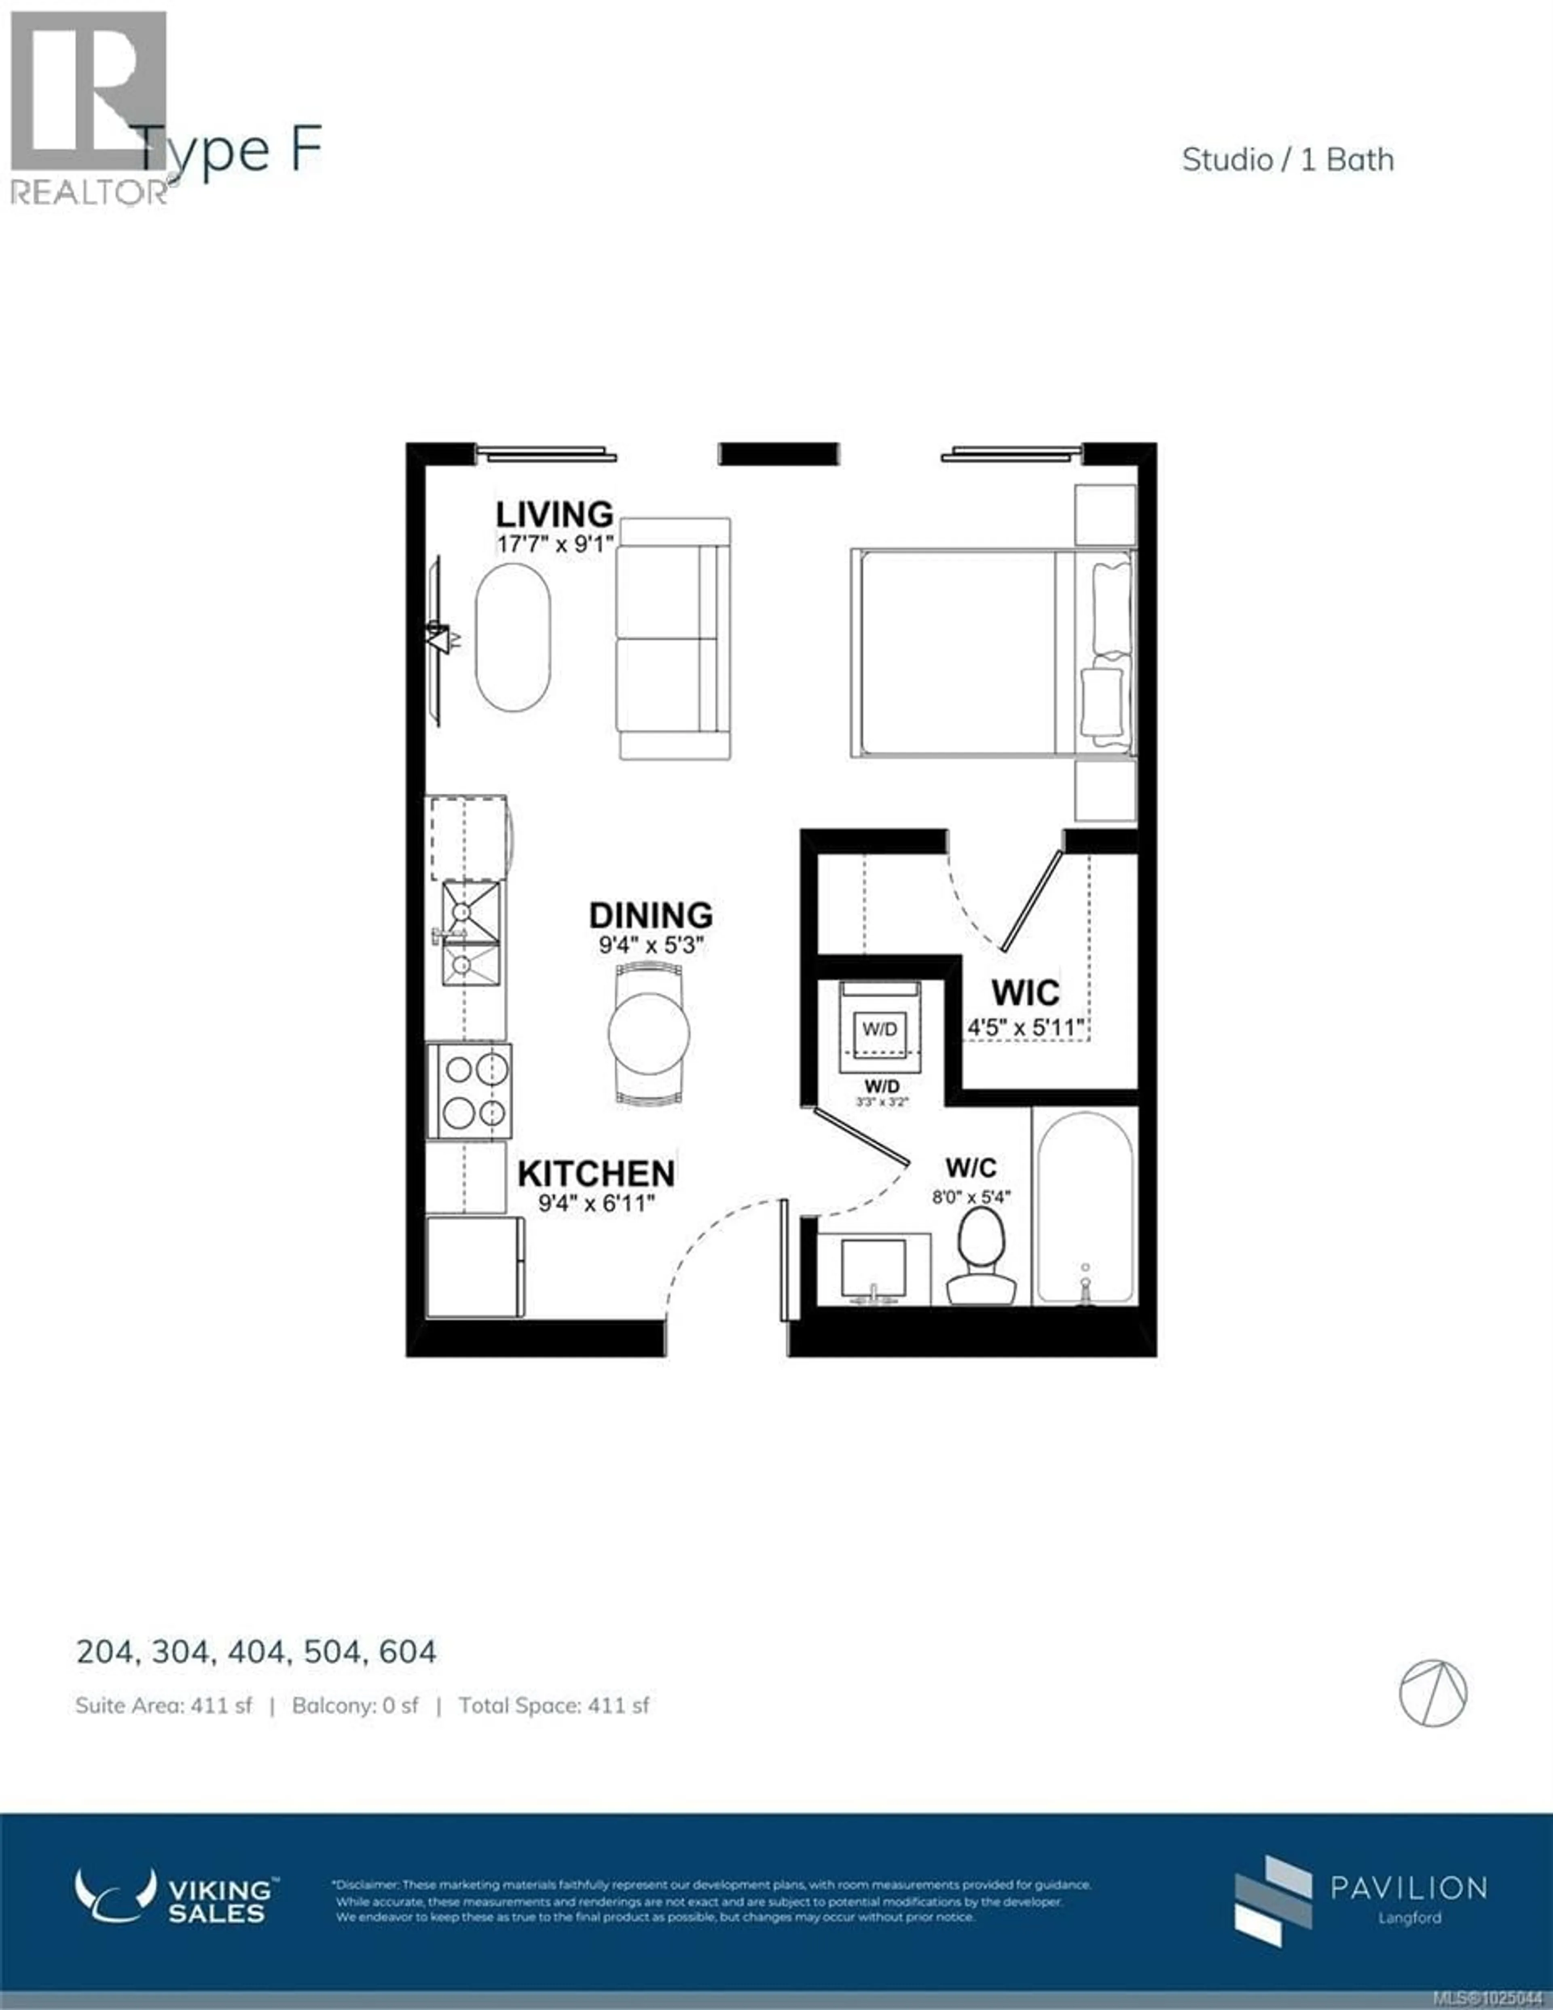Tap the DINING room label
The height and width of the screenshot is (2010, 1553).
coord(651,915)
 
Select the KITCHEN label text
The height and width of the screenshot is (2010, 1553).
coord(596,1173)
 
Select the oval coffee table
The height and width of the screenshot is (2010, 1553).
coord(513,637)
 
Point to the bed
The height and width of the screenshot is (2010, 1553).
coord(992,653)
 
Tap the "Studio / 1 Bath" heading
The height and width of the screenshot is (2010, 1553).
coord(1287,160)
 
